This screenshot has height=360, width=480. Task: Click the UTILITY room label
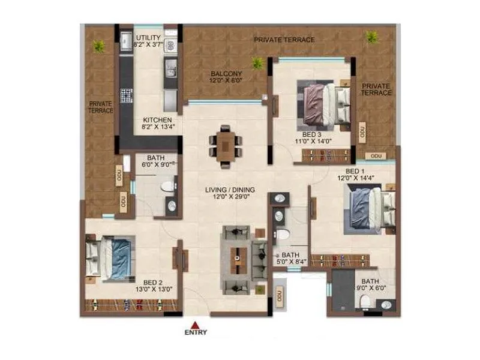click(147, 38)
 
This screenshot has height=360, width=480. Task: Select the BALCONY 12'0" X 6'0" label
click(225, 76)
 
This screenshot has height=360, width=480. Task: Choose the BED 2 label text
click(152, 282)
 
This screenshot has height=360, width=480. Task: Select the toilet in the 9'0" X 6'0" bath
click(367, 304)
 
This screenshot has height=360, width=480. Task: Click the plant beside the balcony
click(257, 62)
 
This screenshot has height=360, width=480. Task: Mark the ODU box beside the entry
click(279, 295)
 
